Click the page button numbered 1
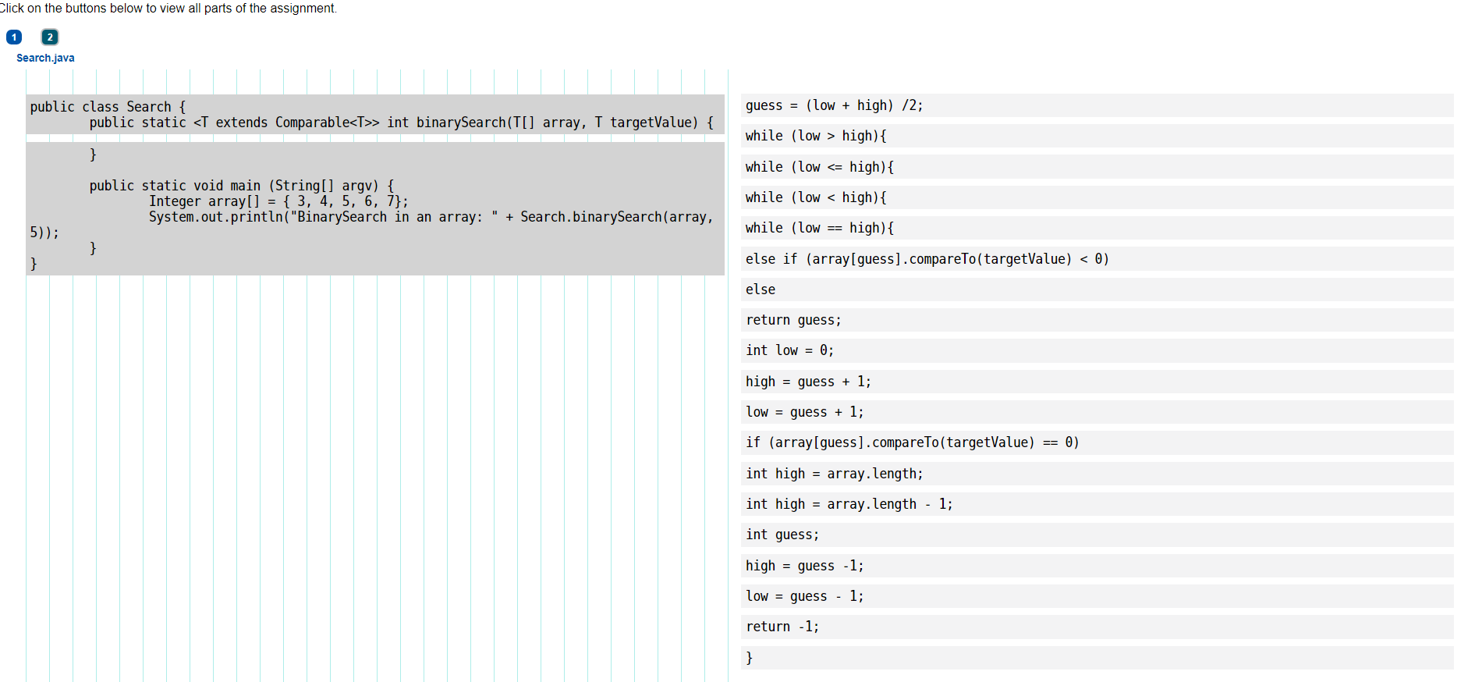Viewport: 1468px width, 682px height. click(14, 37)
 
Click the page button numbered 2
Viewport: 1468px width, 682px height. click(50, 37)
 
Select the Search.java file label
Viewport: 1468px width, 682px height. click(45, 58)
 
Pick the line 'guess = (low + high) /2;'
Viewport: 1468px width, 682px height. click(834, 105)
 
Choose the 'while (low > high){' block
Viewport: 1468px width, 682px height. click(815, 136)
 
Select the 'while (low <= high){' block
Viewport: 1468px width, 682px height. click(819, 167)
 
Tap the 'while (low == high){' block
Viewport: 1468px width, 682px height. click(819, 228)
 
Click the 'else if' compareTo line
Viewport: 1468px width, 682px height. click(927, 259)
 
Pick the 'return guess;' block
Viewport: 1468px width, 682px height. click(793, 320)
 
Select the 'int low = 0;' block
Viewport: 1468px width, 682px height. click(789, 350)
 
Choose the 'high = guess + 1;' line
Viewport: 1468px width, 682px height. click(808, 382)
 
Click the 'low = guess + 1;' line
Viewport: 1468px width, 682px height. click(804, 412)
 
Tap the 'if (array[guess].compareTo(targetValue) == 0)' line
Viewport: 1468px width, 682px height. click(912, 442)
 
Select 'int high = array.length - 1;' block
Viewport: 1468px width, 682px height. click(849, 504)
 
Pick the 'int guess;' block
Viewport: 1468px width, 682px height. click(782, 535)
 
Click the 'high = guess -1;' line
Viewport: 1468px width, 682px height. click(804, 566)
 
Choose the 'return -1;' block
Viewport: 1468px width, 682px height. click(782, 627)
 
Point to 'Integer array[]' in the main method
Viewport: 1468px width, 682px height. click(204, 201)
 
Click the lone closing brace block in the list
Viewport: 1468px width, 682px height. click(750, 658)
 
